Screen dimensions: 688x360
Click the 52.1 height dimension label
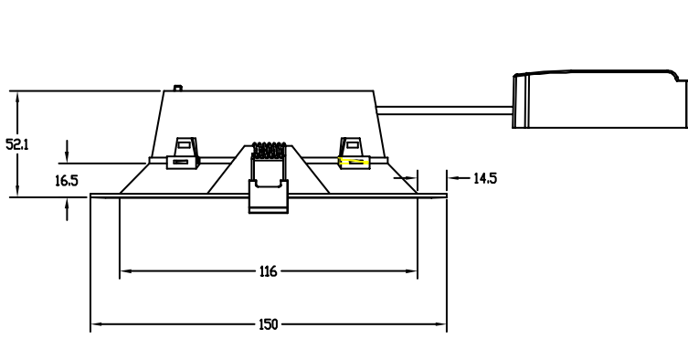coord(17,144)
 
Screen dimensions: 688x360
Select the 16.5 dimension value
coord(67,180)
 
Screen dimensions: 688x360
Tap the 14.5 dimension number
coord(485,178)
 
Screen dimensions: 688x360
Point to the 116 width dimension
coord(268,271)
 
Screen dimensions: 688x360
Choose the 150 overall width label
coord(268,324)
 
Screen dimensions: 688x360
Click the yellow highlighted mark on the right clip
coord(354,162)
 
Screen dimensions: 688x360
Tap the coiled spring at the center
coord(269,150)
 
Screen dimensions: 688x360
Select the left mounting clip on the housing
coord(184,154)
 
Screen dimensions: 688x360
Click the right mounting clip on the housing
coord(355,154)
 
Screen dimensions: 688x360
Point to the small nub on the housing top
coord(177,89)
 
